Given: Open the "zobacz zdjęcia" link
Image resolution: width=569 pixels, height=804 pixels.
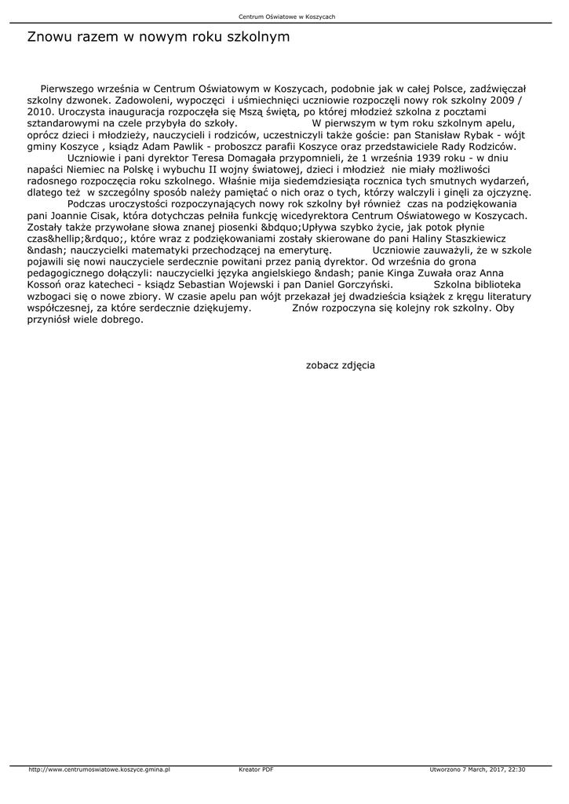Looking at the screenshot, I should click(340, 365).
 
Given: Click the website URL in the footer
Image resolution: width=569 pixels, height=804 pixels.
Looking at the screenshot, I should click(99, 769).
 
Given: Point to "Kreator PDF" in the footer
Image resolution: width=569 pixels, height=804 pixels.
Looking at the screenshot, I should click(256, 769).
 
